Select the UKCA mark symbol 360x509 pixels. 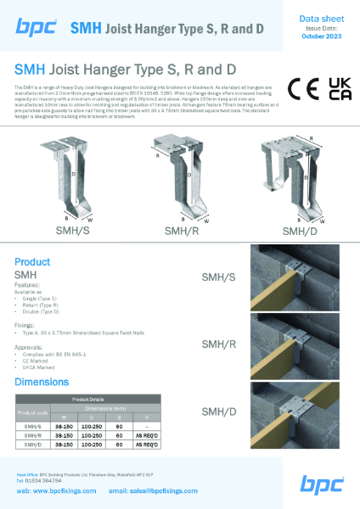[x=339, y=89]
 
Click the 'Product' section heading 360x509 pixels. [x=33, y=262]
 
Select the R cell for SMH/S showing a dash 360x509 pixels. [x=149, y=427]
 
